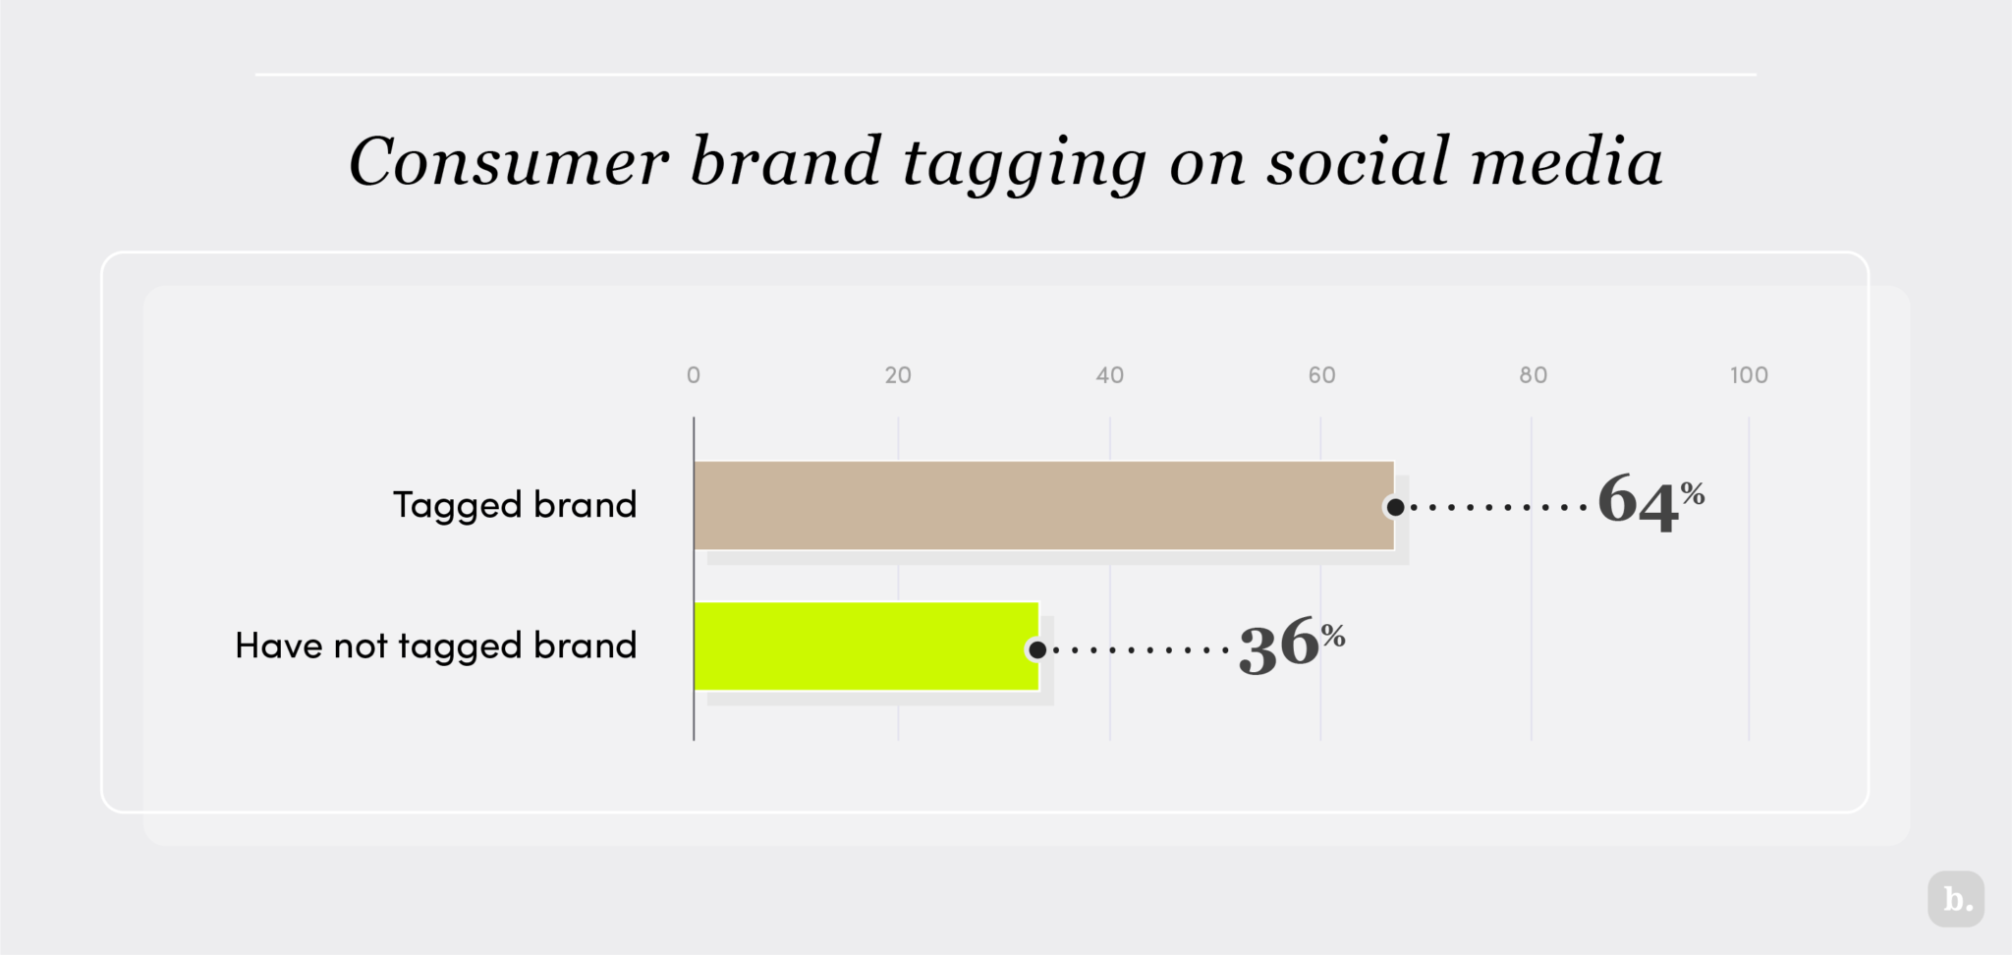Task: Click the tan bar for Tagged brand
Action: (x=1043, y=505)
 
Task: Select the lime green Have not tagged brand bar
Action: (x=866, y=646)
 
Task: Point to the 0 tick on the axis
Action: (x=694, y=374)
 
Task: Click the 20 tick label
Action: (x=898, y=374)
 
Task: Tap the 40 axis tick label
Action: (x=1110, y=374)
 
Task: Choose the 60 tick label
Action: (x=1321, y=374)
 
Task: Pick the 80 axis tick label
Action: (x=1533, y=374)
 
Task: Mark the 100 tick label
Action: (x=1749, y=374)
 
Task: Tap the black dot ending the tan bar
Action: (x=1395, y=507)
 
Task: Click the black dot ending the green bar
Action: (x=1037, y=649)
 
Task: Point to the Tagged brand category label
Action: (x=515, y=505)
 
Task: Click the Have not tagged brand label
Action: (x=436, y=646)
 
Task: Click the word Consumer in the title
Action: (x=509, y=161)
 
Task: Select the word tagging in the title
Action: (x=1024, y=163)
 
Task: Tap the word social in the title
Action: (x=1358, y=161)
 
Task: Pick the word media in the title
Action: (x=1566, y=161)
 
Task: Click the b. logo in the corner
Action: (x=1956, y=899)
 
